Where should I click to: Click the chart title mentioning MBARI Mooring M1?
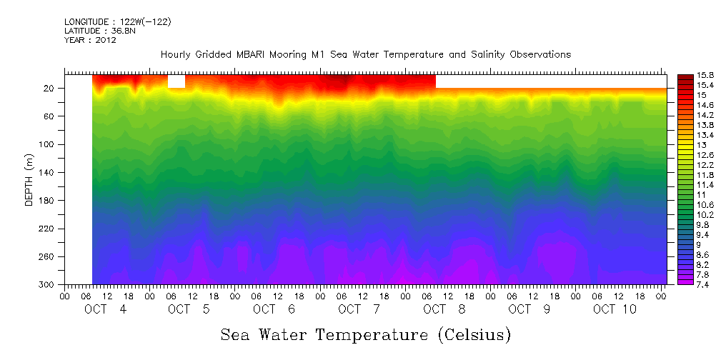365,54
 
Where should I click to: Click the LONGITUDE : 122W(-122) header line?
117,21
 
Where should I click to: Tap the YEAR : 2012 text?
90,40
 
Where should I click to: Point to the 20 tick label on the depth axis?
50,89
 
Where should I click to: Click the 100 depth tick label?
48,144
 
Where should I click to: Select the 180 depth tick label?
48,201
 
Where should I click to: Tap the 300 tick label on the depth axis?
48,285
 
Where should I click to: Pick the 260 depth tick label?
48,257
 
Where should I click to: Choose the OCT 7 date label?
361,309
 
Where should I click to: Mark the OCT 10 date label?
614,309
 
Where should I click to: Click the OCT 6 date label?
276,309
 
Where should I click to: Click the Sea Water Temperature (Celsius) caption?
365,334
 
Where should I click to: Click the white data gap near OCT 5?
176,81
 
